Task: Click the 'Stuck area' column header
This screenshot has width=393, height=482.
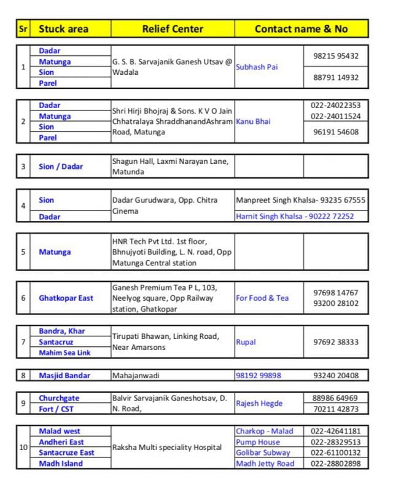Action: click(63, 29)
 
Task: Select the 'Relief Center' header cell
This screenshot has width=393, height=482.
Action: click(172, 29)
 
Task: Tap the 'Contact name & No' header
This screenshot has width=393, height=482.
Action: click(301, 29)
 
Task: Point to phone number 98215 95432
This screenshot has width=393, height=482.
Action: click(335, 56)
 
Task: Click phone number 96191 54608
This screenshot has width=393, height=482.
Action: click(335, 131)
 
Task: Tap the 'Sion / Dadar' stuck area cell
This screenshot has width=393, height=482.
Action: click(61, 166)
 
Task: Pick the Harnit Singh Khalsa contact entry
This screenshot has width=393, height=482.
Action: click(295, 216)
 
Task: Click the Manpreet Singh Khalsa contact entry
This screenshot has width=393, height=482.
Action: click(300, 200)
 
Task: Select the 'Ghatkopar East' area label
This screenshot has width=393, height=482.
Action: click(66, 298)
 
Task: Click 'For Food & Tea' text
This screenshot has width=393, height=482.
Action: click(262, 298)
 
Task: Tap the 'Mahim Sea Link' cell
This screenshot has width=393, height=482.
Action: click(64, 352)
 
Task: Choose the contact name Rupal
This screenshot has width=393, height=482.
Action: click(246, 342)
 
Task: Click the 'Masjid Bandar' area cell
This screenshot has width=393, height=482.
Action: click(64, 375)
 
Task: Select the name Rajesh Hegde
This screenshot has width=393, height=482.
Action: click(259, 403)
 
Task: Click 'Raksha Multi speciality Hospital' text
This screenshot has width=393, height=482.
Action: click(166, 448)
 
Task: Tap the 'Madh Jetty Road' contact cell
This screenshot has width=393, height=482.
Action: click(265, 464)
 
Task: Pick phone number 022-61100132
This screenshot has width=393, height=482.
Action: click(335, 453)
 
